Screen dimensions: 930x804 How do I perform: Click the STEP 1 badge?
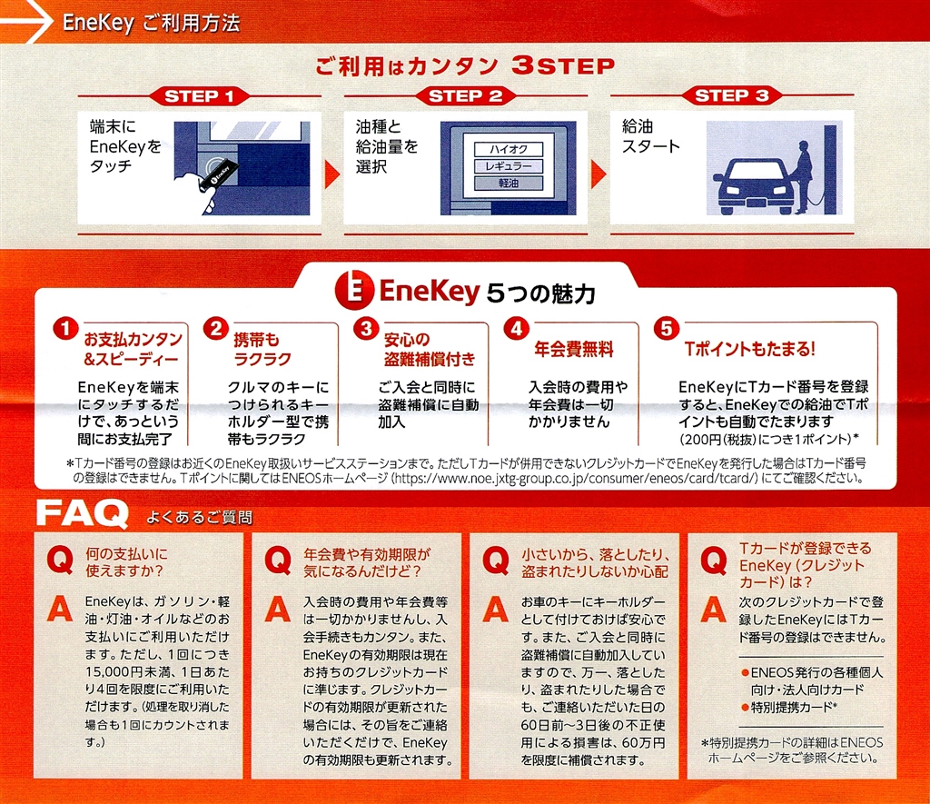[199, 96]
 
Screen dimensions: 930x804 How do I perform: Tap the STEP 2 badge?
[465, 95]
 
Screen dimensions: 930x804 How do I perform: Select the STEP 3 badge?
[731, 95]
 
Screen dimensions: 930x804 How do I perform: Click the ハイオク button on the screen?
[509, 149]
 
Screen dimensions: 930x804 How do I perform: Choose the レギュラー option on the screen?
[509, 166]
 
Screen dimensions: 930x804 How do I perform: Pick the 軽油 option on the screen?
[509, 184]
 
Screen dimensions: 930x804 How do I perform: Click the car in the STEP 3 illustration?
[753, 185]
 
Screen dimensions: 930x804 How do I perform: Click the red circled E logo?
[354, 290]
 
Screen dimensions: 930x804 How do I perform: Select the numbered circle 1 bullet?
[65, 328]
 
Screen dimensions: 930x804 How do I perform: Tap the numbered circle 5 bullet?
[666, 328]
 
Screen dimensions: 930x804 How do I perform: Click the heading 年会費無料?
[574, 349]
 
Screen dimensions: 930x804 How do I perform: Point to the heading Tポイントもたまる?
[749, 349]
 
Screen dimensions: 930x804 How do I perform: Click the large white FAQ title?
[83, 513]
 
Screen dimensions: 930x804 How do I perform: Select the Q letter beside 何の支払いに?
[60, 560]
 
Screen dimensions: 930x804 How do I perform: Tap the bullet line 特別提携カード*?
[789, 707]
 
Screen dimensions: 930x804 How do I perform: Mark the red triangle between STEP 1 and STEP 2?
[332, 174]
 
